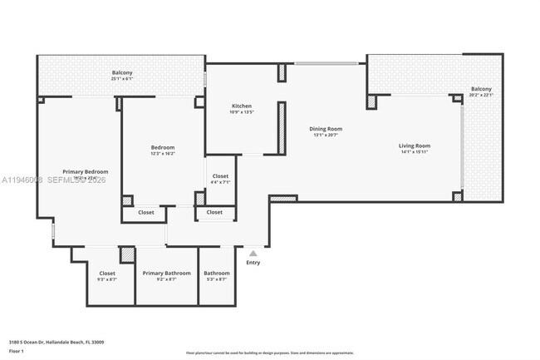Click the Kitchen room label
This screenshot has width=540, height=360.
pos(242,106)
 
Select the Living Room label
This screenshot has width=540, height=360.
pos(416,145)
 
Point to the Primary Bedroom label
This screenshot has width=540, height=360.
pos(86,171)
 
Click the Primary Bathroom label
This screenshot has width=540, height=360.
pos(166,273)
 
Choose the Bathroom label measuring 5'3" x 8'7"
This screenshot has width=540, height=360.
pos(216,273)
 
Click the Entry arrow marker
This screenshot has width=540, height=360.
pos(253,254)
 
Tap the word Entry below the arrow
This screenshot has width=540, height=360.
pos(253,264)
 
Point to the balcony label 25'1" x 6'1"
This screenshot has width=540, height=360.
pos(122,73)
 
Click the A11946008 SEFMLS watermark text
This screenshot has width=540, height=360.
pos(53,179)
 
